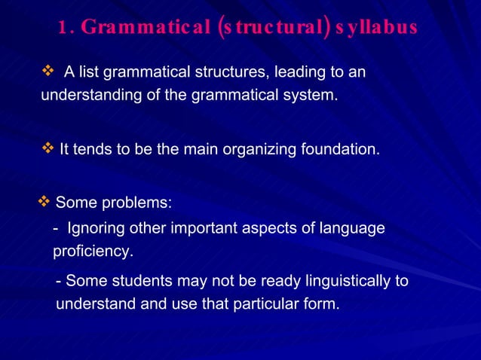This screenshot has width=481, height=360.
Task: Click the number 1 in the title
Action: coord(62,28)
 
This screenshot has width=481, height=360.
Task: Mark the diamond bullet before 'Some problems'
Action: coord(44,202)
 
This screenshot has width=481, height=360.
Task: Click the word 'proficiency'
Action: coord(93,251)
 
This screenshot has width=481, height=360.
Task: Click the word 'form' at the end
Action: coord(320,305)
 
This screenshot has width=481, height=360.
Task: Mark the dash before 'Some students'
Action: coord(60,282)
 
